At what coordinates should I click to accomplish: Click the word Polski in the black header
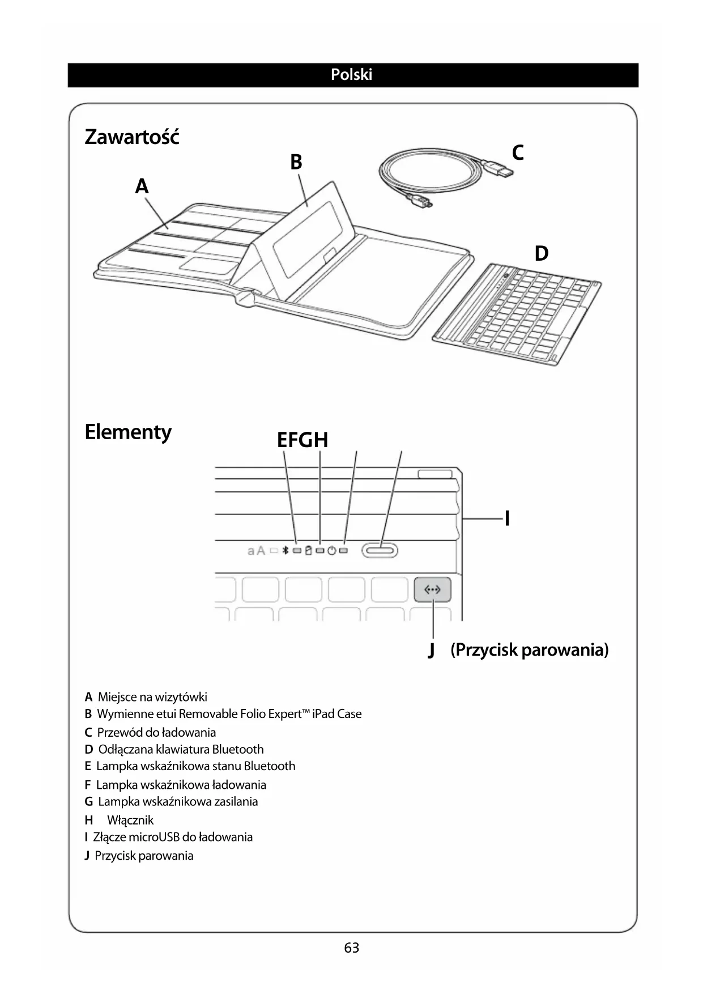351,75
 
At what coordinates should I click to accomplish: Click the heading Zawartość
132,137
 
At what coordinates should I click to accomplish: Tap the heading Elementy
128,432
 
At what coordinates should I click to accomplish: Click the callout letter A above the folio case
142,186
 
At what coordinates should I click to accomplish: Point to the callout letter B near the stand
296,162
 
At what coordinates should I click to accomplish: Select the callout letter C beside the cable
518,152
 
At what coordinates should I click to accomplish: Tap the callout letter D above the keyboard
542,253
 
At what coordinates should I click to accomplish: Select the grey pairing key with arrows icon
432,590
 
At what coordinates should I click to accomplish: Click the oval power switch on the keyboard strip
381,550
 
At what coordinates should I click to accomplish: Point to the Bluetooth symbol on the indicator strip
286,550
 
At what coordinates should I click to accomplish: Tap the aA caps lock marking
257,550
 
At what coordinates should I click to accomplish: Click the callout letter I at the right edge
507,518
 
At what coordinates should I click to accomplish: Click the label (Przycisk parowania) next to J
530,649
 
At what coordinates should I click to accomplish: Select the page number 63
351,948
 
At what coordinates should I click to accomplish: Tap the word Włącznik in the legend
130,820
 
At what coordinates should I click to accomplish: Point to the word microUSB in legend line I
154,837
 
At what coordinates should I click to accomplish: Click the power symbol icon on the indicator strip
332,550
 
